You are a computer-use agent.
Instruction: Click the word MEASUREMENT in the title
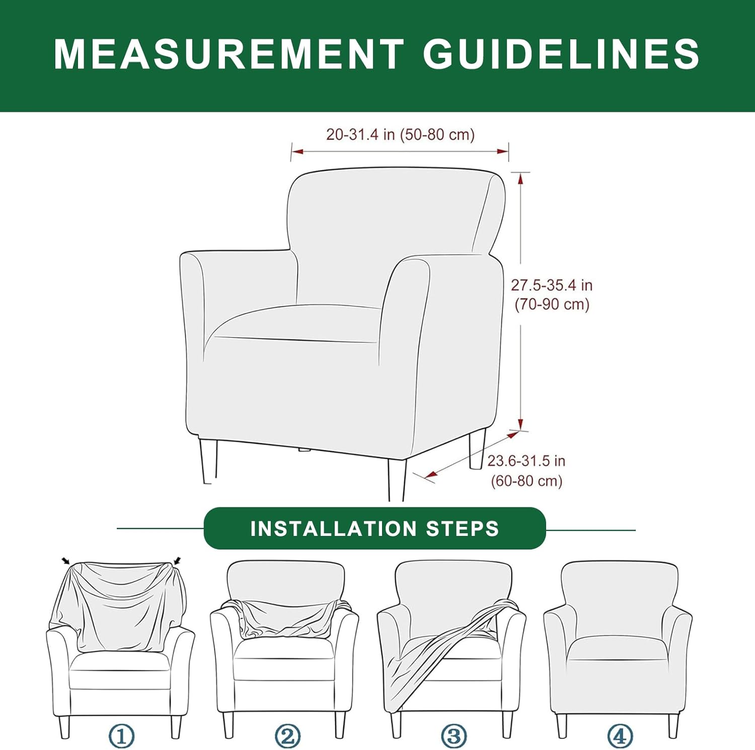[229, 53]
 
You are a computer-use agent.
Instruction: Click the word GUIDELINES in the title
[561, 53]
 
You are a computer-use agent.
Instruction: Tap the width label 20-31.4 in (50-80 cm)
[400, 135]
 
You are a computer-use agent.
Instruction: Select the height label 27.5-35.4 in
[552, 285]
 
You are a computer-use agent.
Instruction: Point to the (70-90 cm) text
[552, 305]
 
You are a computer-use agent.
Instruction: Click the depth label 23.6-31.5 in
[526, 461]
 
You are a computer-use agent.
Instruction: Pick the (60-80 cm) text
[526, 481]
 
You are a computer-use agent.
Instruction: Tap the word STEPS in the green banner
[463, 529]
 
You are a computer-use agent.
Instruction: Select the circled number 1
[121, 737]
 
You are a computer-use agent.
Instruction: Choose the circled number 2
[287, 737]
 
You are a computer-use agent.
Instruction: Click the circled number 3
[454, 737]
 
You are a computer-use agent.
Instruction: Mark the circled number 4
[620, 737]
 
